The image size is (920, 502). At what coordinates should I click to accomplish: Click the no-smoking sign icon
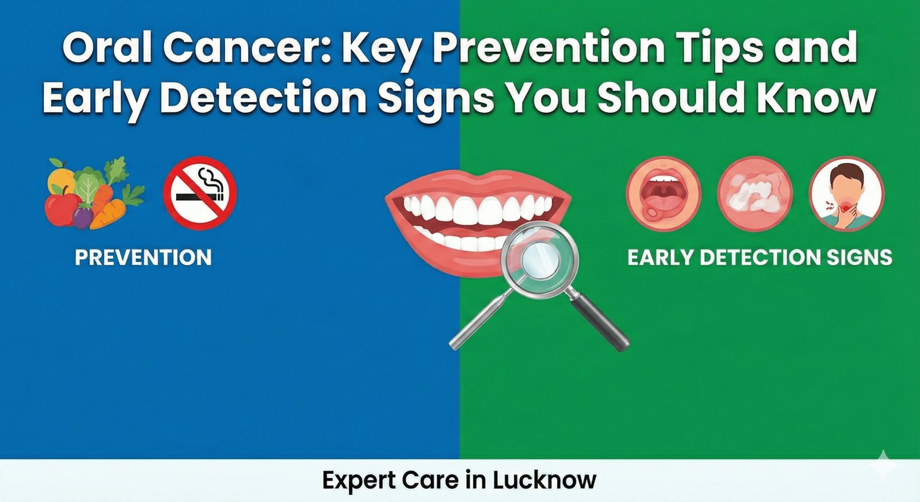tap(200, 193)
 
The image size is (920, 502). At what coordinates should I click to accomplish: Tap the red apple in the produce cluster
tap(63, 209)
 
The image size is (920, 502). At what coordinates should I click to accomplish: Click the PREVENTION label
tap(143, 257)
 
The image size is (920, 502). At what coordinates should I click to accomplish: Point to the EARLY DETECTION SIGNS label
tap(760, 257)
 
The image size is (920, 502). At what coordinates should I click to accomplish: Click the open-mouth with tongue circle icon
tap(663, 193)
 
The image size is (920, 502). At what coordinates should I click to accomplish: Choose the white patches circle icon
tap(755, 193)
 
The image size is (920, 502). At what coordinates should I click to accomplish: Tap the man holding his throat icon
tap(846, 193)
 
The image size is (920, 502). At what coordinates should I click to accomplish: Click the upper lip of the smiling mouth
tap(477, 183)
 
